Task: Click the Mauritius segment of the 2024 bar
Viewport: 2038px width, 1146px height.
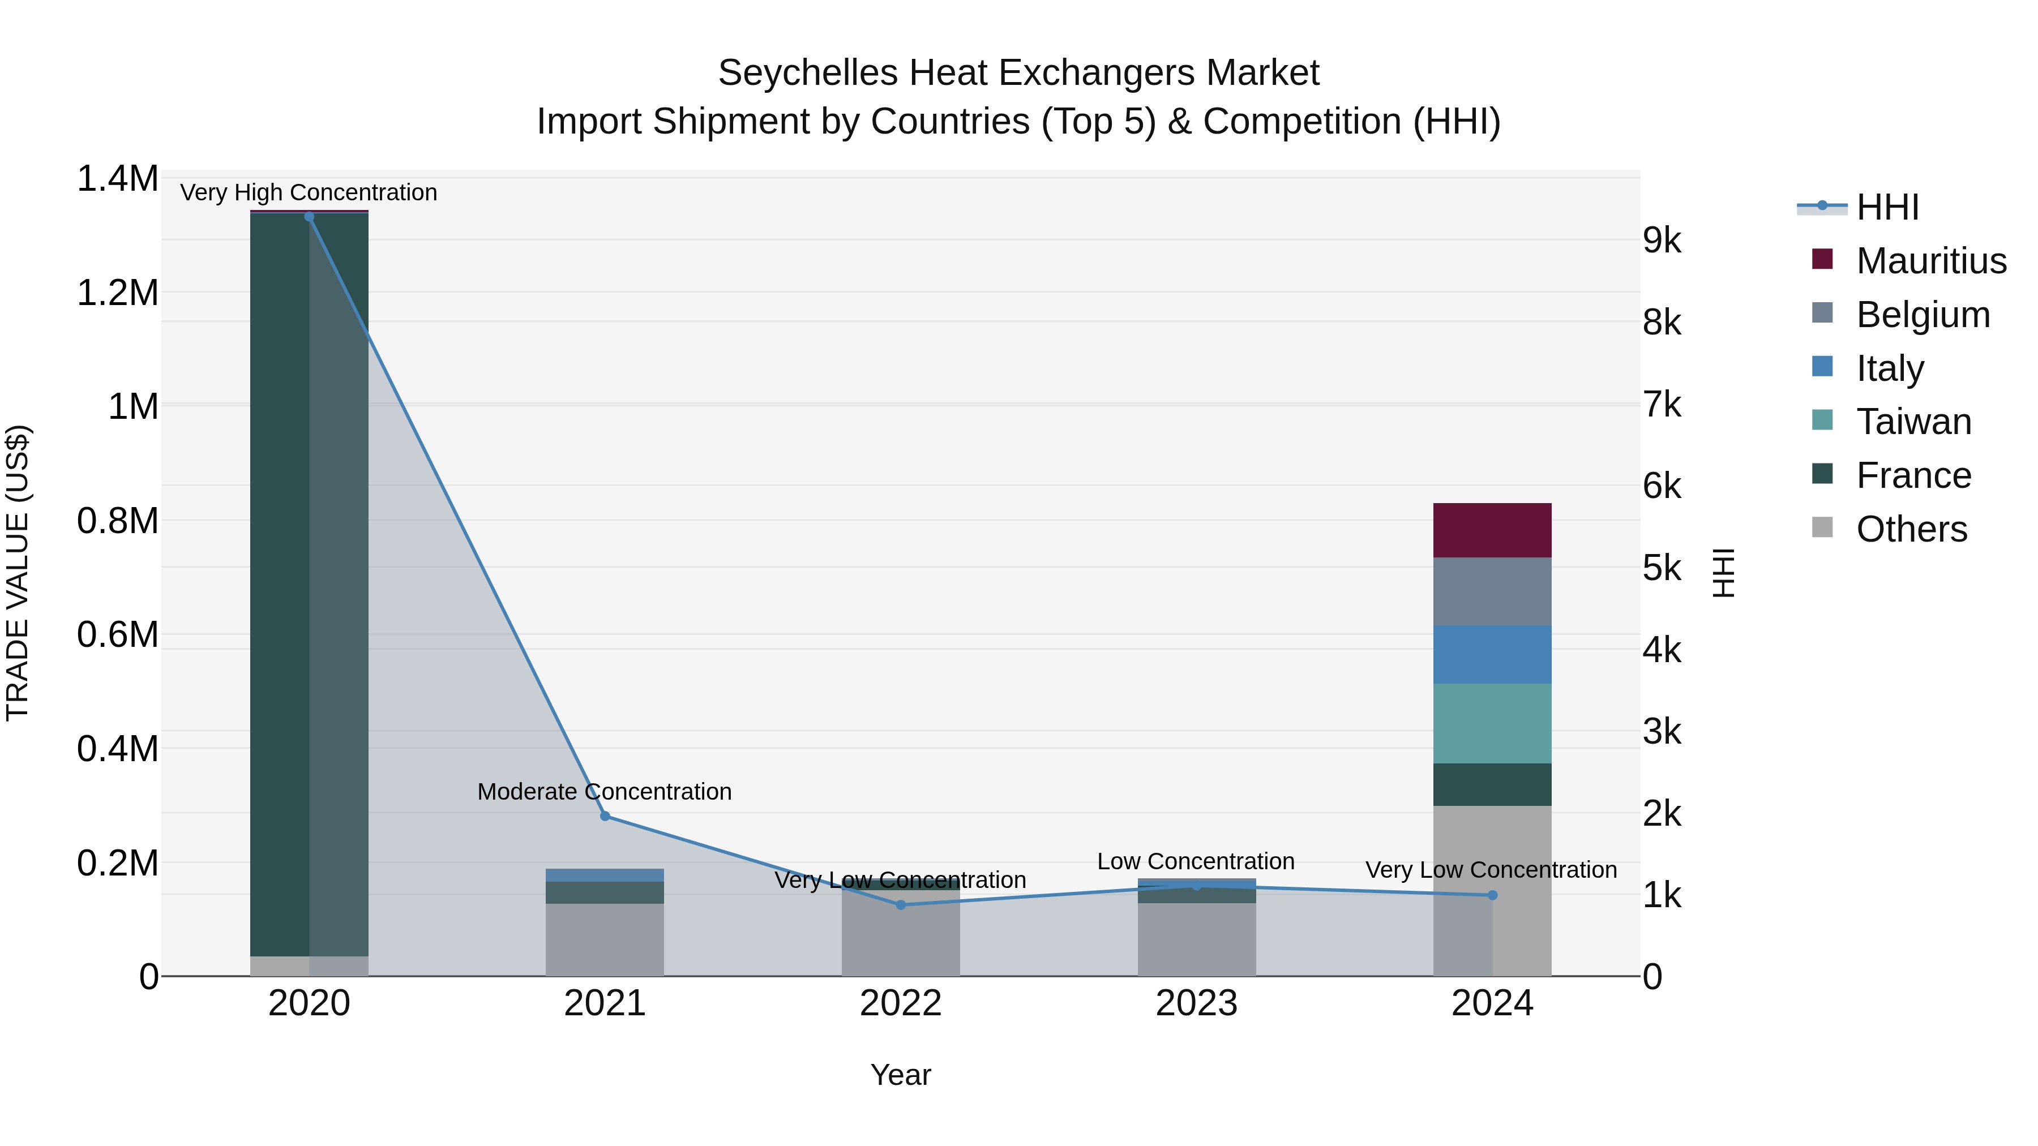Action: click(x=1492, y=530)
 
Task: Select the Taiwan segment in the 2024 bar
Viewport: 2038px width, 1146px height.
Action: click(x=1492, y=723)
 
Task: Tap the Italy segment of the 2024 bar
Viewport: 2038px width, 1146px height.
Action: click(x=1492, y=654)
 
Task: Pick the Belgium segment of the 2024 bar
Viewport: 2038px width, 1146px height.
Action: click(x=1492, y=591)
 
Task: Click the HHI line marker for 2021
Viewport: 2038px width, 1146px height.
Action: click(x=605, y=815)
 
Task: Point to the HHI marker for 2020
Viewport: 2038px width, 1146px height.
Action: click(x=309, y=217)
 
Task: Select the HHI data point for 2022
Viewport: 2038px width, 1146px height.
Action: click(x=900, y=905)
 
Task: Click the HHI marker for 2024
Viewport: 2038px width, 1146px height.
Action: click(x=1492, y=895)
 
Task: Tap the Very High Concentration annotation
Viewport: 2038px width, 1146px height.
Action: click(x=309, y=192)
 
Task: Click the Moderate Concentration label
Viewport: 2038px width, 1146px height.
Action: click(x=605, y=792)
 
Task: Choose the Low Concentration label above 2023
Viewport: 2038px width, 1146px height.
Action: click(x=1196, y=861)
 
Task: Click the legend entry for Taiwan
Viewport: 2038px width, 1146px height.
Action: click(x=1913, y=422)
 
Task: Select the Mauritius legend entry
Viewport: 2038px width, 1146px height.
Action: click(x=1930, y=261)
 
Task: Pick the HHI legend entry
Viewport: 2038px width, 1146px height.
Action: click(x=1887, y=207)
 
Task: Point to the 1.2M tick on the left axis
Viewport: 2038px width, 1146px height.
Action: click(x=117, y=293)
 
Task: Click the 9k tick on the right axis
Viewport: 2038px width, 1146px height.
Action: click(x=1662, y=241)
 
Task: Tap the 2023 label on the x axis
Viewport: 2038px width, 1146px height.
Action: click(x=1196, y=1003)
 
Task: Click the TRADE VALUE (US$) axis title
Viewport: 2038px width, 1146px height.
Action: click(x=18, y=573)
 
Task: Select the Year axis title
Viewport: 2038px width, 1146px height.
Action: click(x=900, y=1075)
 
